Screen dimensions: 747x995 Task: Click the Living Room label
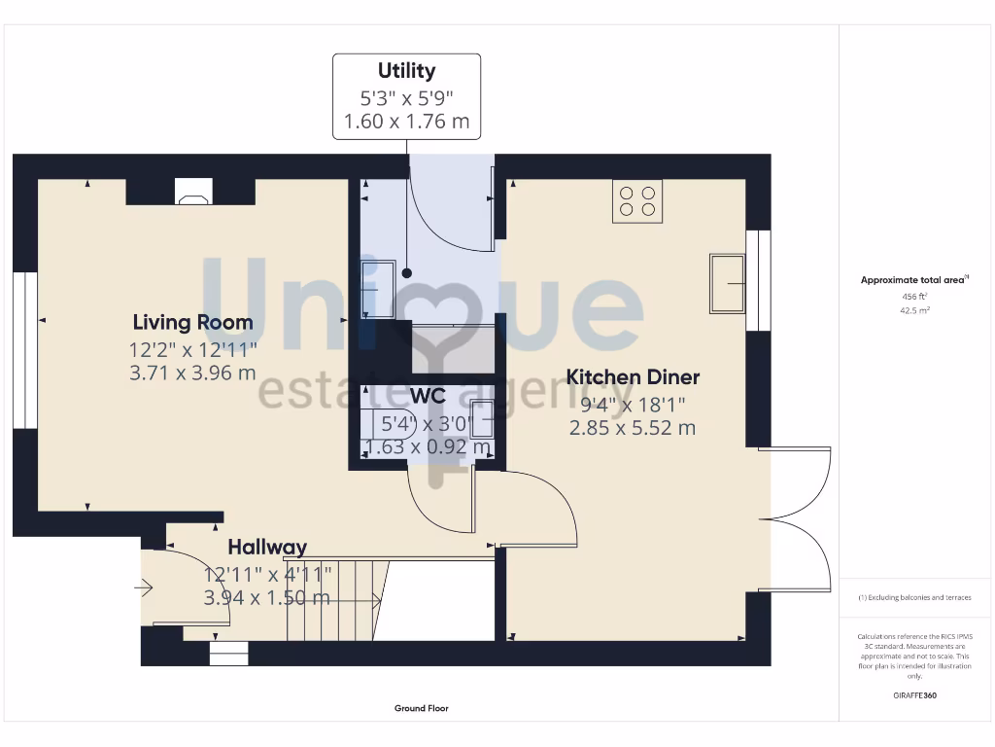tap(192, 322)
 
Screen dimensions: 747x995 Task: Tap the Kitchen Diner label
tap(633, 377)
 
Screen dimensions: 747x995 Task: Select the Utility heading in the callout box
tap(406, 71)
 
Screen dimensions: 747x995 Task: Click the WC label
tap(428, 397)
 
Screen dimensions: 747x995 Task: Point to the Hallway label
tap(267, 548)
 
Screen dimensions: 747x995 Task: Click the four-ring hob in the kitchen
tap(637, 201)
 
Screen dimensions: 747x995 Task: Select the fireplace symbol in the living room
tap(190, 194)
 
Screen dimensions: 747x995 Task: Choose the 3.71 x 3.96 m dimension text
tap(192, 373)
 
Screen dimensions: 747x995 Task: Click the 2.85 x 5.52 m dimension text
tap(633, 428)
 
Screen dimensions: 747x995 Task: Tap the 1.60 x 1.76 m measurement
tap(406, 122)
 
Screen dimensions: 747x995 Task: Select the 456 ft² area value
tap(913, 297)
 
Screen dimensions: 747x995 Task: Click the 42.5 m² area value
tap(913, 310)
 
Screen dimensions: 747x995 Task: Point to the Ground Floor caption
tap(421, 708)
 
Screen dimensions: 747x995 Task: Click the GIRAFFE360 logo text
tap(913, 695)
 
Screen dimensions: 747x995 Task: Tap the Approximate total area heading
tap(912, 280)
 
